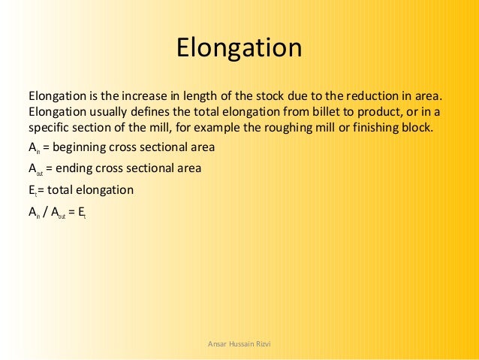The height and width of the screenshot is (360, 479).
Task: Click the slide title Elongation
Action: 239,49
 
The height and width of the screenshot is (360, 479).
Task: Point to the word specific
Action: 49,127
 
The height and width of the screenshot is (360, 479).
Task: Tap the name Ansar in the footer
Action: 216,343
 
